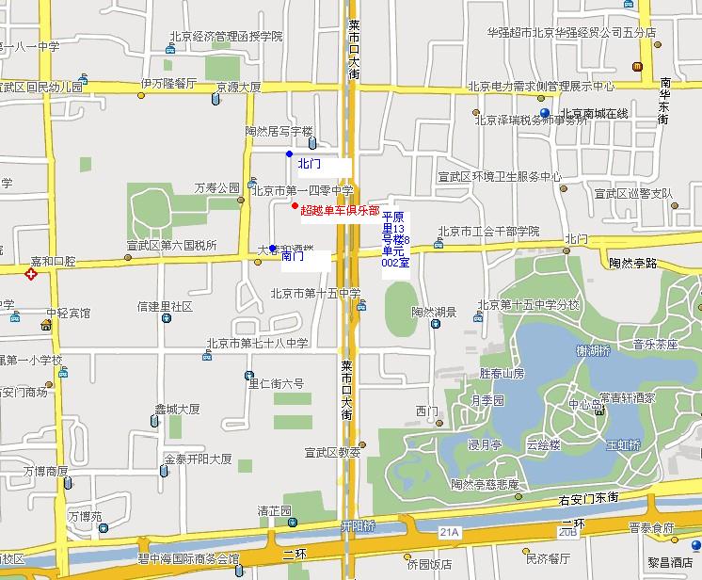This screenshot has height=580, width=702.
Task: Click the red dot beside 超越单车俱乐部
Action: tap(295, 205)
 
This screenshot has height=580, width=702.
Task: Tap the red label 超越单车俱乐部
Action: tap(340, 210)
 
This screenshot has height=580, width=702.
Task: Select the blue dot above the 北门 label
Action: tap(289, 153)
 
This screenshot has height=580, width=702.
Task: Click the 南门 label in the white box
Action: tap(293, 256)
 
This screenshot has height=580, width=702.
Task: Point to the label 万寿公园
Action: tap(217, 188)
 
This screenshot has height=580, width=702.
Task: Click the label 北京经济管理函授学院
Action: tap(226, 37)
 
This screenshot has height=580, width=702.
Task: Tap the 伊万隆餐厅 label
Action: tap(168, 84)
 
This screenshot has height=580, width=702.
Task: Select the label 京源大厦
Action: tap(238, 87)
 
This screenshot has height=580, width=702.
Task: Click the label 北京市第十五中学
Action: tap(315, 293)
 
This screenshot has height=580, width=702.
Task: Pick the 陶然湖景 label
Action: tap(434, 311)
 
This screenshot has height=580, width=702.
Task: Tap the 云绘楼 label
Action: tap(544, 443)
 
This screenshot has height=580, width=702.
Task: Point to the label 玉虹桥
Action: tap(623, 443)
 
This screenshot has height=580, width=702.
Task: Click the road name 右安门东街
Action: tap(614, 496)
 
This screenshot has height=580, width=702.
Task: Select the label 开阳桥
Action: tap(358, 524)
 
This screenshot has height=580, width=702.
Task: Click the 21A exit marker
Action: tap(449, 533)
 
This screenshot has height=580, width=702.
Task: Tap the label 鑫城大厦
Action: tap(177, 410)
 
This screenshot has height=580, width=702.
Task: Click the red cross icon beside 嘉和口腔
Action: tap(31, 275)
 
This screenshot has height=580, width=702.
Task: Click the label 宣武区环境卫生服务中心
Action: tap(500, 176)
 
